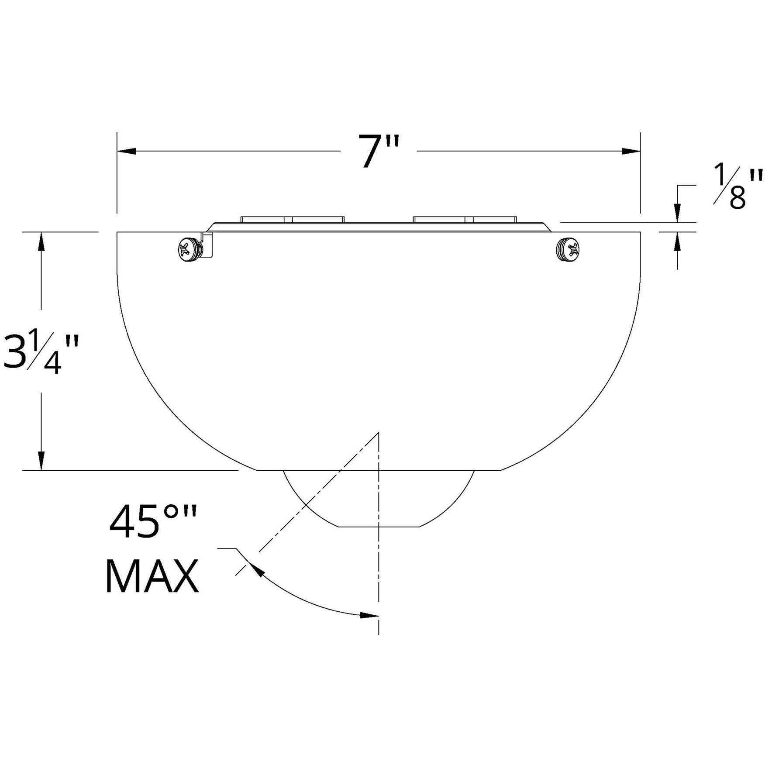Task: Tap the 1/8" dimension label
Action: pos(738,188)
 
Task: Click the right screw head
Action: pos(568,250)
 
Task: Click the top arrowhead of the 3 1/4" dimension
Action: pos(41,241)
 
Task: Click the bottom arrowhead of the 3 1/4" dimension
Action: pos(41,461)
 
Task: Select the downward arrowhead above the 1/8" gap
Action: pos(677,214)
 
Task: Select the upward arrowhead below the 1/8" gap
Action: pos(677,241)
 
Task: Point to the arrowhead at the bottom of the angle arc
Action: pos(369,616)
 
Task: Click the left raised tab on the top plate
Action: pos(292,219)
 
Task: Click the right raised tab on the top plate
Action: pos(465,219)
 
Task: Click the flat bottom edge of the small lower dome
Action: pos(379,527)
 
